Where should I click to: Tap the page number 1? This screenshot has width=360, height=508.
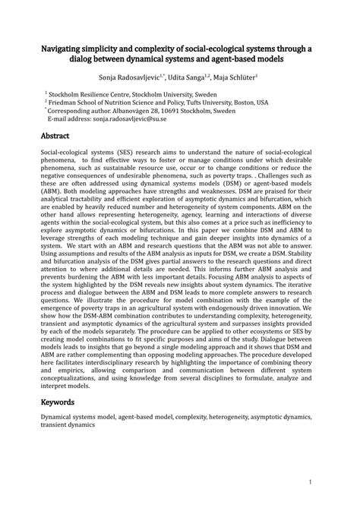312,481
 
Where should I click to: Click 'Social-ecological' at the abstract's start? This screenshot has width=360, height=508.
68,152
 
